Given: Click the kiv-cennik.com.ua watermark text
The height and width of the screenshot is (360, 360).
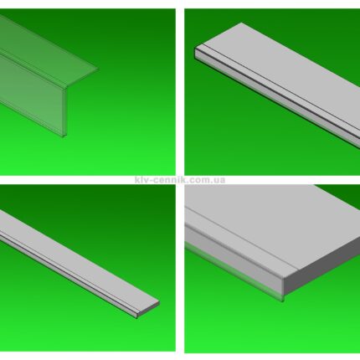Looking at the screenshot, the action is pyautogui.click(x=180, y=180).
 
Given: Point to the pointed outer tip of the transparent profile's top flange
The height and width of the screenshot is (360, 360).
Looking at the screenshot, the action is pyautogui.click(x=98, y=69).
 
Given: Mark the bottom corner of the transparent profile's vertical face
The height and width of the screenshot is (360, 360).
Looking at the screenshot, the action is pyautogui.click(x=63, y=136).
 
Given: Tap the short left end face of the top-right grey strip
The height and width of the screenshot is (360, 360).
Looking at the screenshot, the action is pyautogui.click(x=198, y=53).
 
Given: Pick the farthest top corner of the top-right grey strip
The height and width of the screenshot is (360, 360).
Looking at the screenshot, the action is pyautogui.click(x=241, y=23).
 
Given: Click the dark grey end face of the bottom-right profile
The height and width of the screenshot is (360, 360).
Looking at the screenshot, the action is pyautogui.click(x=321, y=266).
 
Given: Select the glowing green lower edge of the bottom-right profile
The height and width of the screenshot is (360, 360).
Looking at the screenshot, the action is pyautogui.click(x=234, y=272).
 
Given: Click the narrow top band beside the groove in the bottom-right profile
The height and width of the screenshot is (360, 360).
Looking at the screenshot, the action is pyautogui.click(x=240, y=240).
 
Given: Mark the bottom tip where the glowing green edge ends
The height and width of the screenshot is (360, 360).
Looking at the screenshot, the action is pyautogui.click(x=283, y=301).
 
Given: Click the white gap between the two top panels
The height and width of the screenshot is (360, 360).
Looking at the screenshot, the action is pyautogui.click(x=180, y=92).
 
